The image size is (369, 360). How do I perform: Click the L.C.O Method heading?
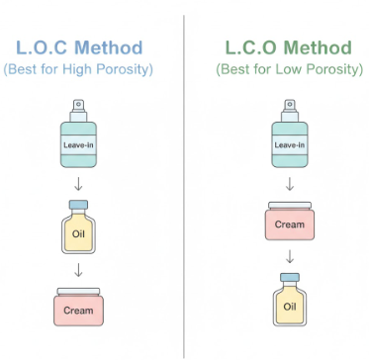tap(289, 46)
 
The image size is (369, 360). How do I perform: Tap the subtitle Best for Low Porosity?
tap(289, 70)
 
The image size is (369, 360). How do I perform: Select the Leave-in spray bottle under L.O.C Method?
tap(78, 139)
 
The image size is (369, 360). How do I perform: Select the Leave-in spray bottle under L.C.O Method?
tap(289, 139)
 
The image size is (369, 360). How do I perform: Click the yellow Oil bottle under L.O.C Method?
tap(78, 233)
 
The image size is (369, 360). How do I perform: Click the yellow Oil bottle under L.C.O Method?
tap(289, 302)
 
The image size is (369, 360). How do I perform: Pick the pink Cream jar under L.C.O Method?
tap(289, 223)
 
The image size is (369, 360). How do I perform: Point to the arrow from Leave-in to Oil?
tap(78, 183)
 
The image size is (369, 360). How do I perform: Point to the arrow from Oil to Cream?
tap(78, 270)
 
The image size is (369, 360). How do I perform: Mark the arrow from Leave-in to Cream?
tap(289, 183)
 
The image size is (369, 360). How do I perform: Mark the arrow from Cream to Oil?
tap(289, 258)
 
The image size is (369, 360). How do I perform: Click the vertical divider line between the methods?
tap(184, 178)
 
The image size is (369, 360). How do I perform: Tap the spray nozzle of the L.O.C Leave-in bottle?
tap(78, 105)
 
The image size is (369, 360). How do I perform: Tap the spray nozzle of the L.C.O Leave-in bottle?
tap(289, 105)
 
